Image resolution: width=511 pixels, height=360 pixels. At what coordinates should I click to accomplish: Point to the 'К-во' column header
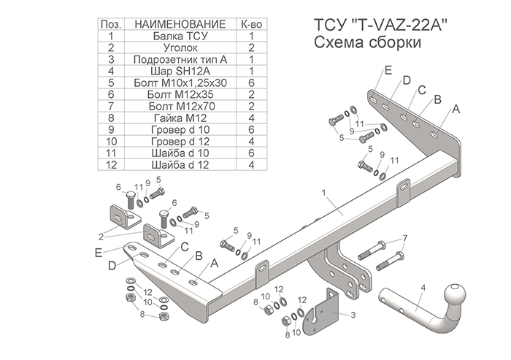(x=250, y=23)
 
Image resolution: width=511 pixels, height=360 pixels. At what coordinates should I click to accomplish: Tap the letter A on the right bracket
(x=456, y=109)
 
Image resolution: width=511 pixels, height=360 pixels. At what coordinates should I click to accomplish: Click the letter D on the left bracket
(x=112, y=267)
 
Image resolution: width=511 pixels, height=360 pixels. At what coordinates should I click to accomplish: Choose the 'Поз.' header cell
(x=111, y=23)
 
